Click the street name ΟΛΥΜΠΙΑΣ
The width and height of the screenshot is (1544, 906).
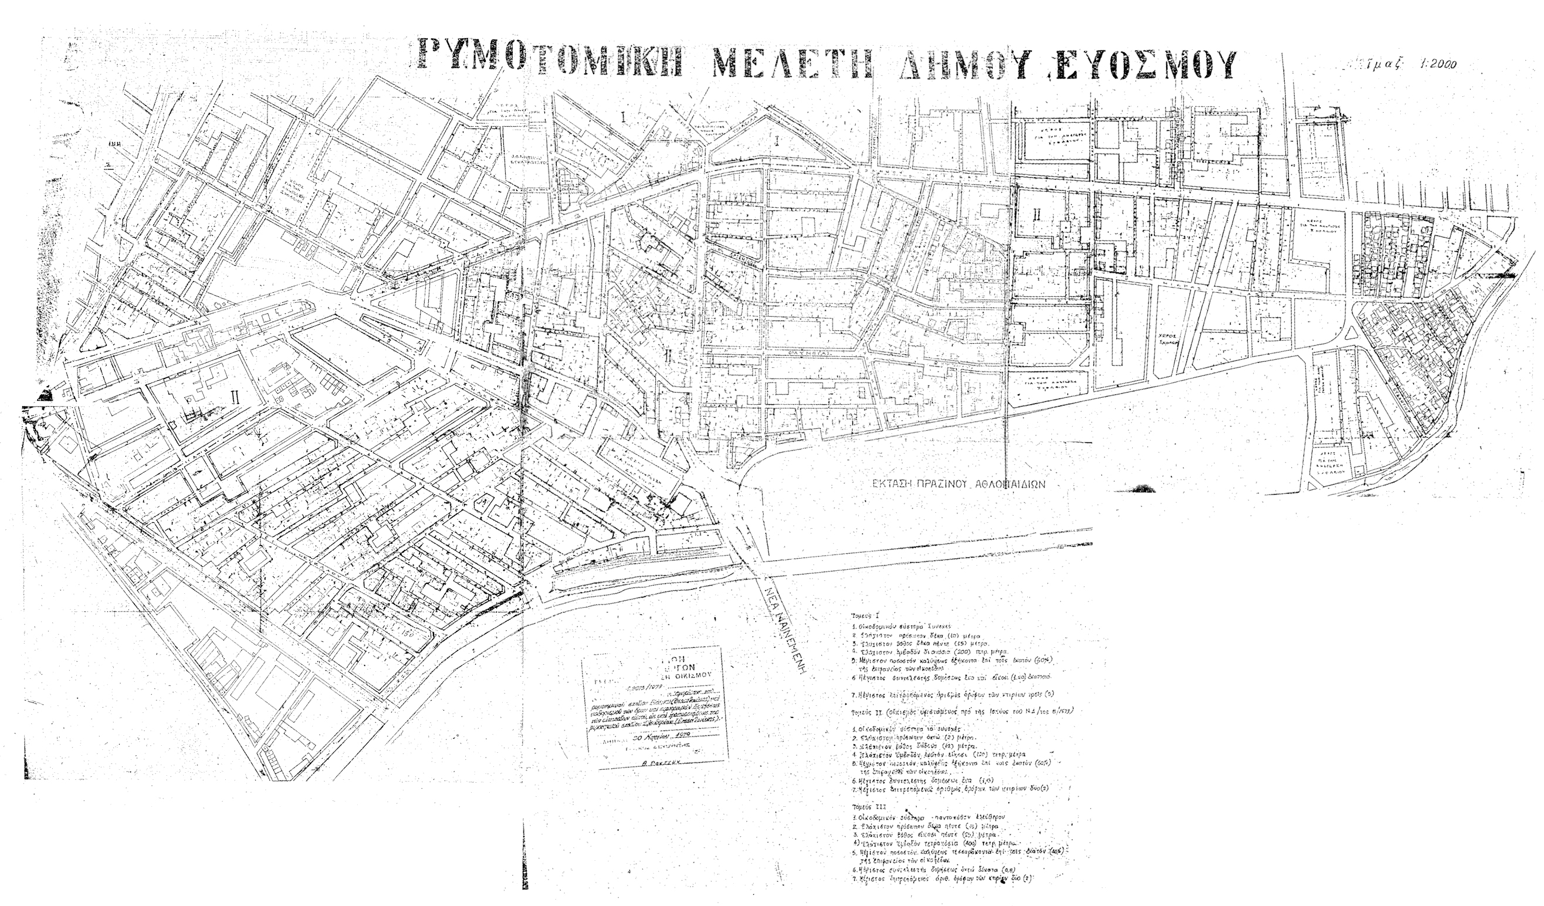(817, 354)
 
